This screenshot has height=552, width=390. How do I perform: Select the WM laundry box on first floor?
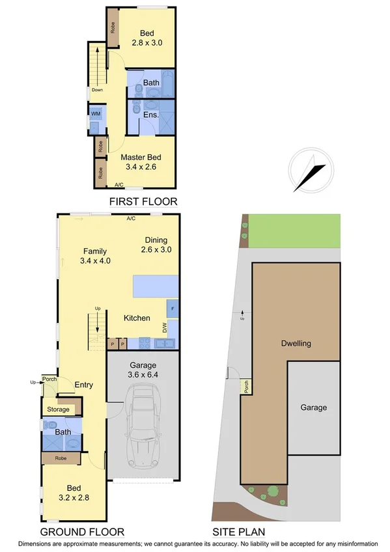[x=96, y=114]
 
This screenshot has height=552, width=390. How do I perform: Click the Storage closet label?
[x=57, y=409]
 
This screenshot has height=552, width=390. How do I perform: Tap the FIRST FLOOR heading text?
[x=143, y=201]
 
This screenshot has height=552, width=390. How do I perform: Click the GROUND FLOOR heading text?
[x=83, y=531]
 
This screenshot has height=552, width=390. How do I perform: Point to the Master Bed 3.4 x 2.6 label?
[x=140, y=162]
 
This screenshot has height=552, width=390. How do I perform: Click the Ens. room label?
[x=152, y=115]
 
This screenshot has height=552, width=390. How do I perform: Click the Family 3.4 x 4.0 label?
[x=95, y=256]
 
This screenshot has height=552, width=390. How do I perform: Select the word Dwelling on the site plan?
[x=296, y=344]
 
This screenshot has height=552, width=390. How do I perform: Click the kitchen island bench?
[x=156, y=286]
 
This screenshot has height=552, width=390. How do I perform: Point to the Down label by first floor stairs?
[x=97, y=90]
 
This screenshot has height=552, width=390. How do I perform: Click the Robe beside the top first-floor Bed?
[x=113, y=27]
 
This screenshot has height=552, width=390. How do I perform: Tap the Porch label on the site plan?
[x=246, y=387]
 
